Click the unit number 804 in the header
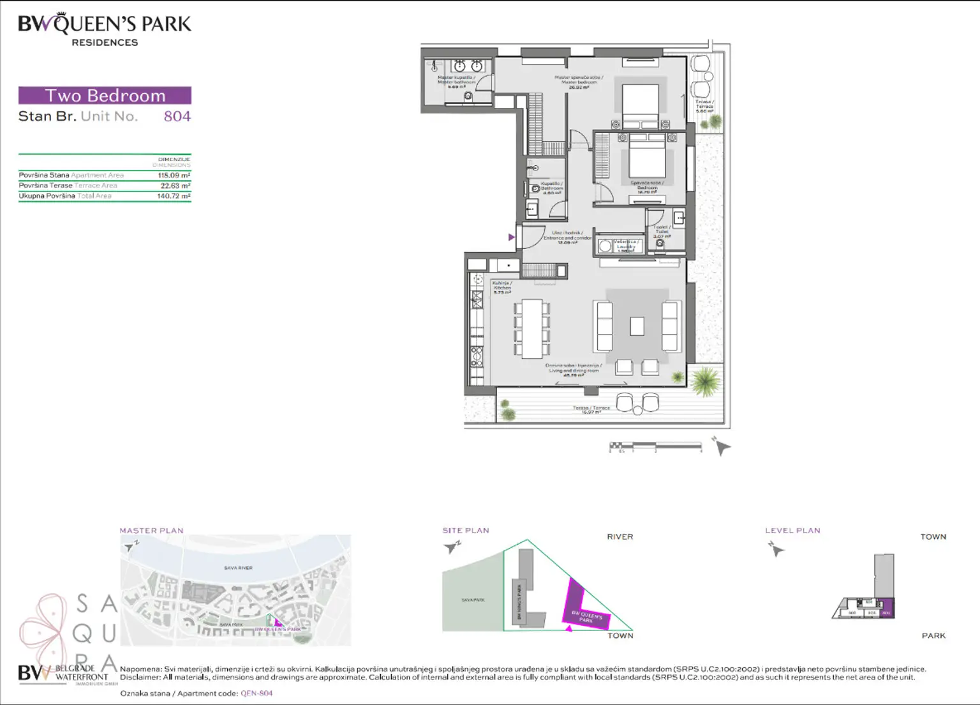177,116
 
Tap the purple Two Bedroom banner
105,95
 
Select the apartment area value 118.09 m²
174,175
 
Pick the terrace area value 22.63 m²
175,186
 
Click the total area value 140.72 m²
174,196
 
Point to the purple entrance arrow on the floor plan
511,238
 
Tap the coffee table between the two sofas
637,326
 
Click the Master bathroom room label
456,82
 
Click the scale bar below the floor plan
655,446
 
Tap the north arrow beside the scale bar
721,446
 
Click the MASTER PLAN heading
151,531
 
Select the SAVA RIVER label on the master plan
238,568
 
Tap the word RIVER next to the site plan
620,537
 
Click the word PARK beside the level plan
933,635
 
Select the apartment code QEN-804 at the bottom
256,694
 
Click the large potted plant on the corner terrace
705,382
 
